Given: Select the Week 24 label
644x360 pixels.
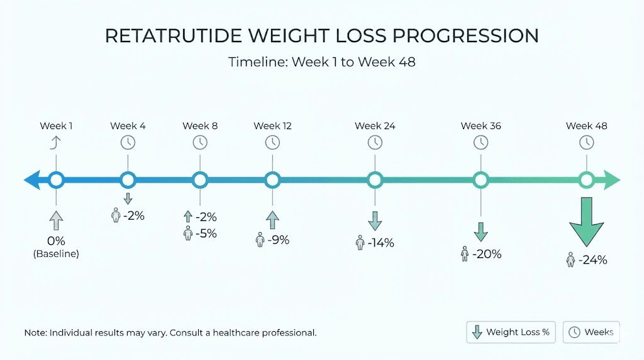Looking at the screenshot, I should [375, 126].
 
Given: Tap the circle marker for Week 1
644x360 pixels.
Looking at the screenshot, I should [57, 181].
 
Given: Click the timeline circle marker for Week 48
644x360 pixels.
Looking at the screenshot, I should [586, 181].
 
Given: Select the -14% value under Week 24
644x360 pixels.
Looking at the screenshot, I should [380, 242].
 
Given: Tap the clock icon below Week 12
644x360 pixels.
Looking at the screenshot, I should [272, 142].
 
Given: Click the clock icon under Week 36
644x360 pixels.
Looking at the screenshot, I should [480, 142].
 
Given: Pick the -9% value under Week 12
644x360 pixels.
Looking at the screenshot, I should [278, 240].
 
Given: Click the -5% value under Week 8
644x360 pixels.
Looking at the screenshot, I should [206, 233].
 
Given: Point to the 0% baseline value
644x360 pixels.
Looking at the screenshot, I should [56, 241].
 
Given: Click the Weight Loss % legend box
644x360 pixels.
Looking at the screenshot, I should [511, 332].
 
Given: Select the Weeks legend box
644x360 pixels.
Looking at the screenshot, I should [591, 332].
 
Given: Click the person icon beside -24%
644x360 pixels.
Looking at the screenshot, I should [571, 260].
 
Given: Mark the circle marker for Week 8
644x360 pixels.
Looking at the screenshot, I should [200, 181].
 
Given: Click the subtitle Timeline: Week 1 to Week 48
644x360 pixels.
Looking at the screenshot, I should [321, 62].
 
